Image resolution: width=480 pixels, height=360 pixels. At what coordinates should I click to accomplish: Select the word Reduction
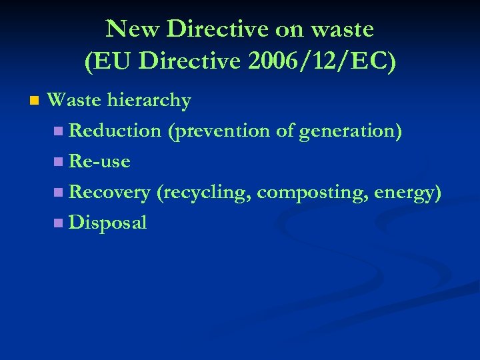click(x=115, y=131)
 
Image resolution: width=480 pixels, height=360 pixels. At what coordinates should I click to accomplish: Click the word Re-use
click(x=99, y=162)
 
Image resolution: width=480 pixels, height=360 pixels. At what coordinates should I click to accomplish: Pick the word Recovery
click(x=109, y=193)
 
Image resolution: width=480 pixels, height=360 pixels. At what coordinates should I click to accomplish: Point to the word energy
click(x=407, y=193)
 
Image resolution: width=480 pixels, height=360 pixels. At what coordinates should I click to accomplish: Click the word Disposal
click(x=107, y=223)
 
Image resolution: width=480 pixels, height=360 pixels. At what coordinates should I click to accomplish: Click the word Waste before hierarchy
click(x=75, y=101)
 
